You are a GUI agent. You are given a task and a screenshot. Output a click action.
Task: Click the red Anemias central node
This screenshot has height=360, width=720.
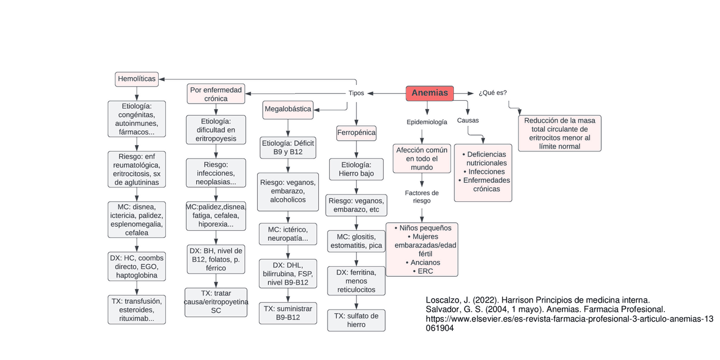[x=430, y=93]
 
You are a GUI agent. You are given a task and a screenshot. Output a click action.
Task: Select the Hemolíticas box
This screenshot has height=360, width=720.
[x=137, y=79]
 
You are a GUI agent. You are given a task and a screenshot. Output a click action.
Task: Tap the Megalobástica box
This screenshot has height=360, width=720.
[x=288, y=110]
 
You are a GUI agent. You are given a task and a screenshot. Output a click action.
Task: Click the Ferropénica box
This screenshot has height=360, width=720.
[x=356, y=133]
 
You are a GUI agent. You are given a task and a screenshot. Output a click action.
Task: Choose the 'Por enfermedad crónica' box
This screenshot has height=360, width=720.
[x=216, y=94]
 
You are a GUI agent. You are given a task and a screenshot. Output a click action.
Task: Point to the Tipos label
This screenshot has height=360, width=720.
[x=356, y=93]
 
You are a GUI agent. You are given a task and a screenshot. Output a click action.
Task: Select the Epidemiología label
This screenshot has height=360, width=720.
[x=427, y=122]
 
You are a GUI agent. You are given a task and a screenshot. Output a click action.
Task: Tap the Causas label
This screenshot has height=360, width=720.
[x=468, y=120]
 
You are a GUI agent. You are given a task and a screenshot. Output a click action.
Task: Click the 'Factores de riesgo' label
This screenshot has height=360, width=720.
[x=422, y=197]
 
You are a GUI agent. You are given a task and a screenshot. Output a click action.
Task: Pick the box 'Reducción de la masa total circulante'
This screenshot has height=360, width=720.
[x=560, y=133]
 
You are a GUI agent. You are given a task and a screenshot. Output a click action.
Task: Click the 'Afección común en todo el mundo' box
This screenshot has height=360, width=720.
[x=422, y=159]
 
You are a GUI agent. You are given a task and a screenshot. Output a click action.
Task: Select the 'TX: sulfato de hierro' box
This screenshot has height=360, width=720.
[x=357, y=320]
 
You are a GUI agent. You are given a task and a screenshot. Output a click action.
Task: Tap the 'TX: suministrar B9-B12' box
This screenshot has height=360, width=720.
[x=288, y=313]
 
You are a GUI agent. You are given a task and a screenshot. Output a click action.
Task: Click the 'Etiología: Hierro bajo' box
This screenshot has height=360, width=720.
[x=356, y=169]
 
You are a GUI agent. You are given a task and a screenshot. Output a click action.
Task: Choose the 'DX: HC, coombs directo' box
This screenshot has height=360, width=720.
[x=137, y=267]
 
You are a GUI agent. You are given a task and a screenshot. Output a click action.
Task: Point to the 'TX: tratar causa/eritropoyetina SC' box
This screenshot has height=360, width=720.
[x=216, y=302]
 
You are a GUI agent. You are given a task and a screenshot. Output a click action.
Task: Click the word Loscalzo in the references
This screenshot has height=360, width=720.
[x=443, y=300]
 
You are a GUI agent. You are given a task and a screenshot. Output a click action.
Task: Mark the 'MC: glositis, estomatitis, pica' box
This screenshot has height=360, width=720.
[x=356, y=241]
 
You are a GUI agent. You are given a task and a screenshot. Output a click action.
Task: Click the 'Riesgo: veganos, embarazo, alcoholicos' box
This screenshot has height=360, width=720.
[x=288, y=191]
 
